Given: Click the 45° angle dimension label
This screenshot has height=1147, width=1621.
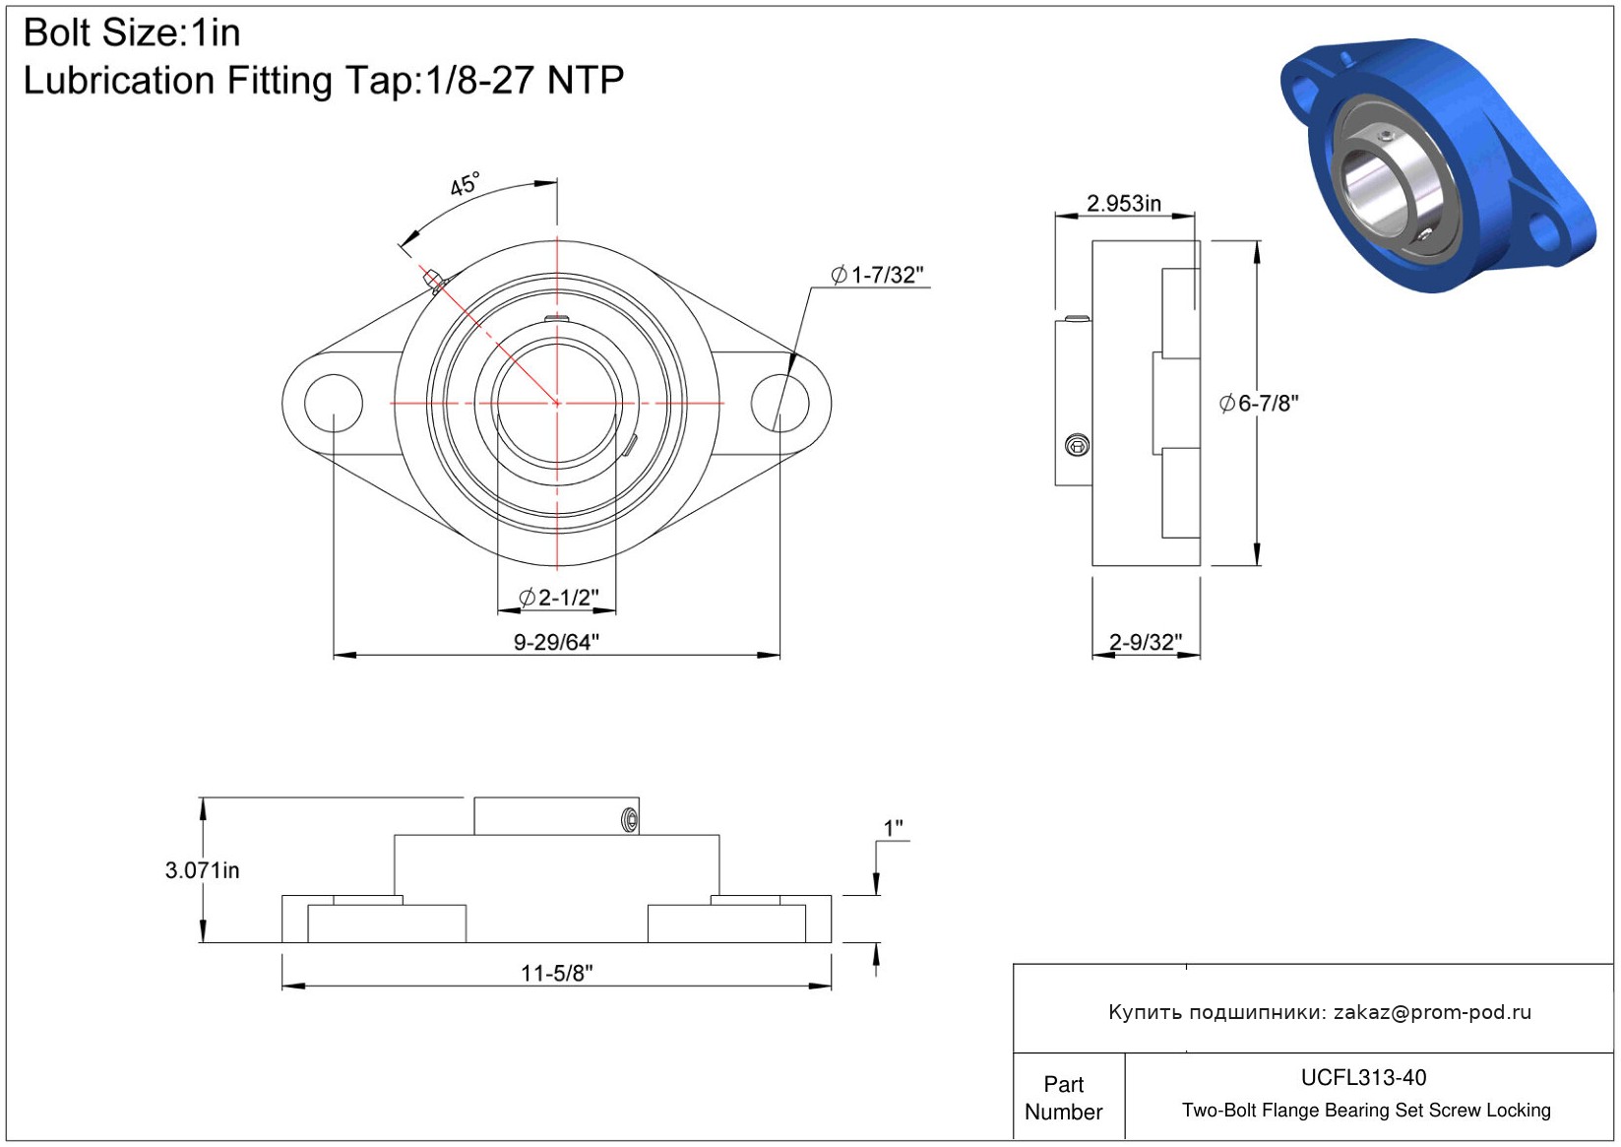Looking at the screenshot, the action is pyautogui.click(x=465, y=185).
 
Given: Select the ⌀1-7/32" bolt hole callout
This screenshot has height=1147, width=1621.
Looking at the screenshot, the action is pyautogui.click(x=877, y=275).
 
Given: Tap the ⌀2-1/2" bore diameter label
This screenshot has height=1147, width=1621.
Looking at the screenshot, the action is pyautogui.click(x=559, y=598).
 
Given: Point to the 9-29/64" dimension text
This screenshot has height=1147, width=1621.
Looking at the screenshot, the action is pyautogui.click(x=556, y=642).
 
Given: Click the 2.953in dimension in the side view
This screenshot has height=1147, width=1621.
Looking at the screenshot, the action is pyautogui.click(x=1124, y=204).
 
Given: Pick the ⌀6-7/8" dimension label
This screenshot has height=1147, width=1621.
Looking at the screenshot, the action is pyautogui.click(x=1259, y=404).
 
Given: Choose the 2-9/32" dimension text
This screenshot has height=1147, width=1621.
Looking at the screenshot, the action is pyautogui.click(x=1146, y=642).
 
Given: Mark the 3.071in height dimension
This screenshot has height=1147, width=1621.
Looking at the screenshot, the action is pyautogui.click(x=202, y=869).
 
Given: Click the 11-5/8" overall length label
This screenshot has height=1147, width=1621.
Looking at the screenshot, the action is pyautogui.click(x=556, y=973).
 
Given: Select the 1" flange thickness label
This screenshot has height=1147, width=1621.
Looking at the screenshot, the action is pyautogui.click(x=893, y=828).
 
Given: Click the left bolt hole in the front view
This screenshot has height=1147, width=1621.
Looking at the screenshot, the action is pyautogui.click(x=334, y=403).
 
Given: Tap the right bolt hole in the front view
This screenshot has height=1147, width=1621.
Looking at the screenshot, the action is pyautogui.click(x=780, y=403).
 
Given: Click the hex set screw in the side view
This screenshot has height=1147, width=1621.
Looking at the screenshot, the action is pyautogui.click(x=1078, y=445).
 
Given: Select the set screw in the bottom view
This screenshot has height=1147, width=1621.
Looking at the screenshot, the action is pyautogui.click(x=630, y=820).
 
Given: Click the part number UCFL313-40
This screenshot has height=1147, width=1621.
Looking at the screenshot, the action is pyautogui.click(x=1363, y=1077).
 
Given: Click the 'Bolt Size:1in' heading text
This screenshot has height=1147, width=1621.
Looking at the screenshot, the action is pyautogui.click(x=132, y=33).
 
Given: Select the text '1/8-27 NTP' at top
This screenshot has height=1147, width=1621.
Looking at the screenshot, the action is pyautogui.click(x=525, y=80).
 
